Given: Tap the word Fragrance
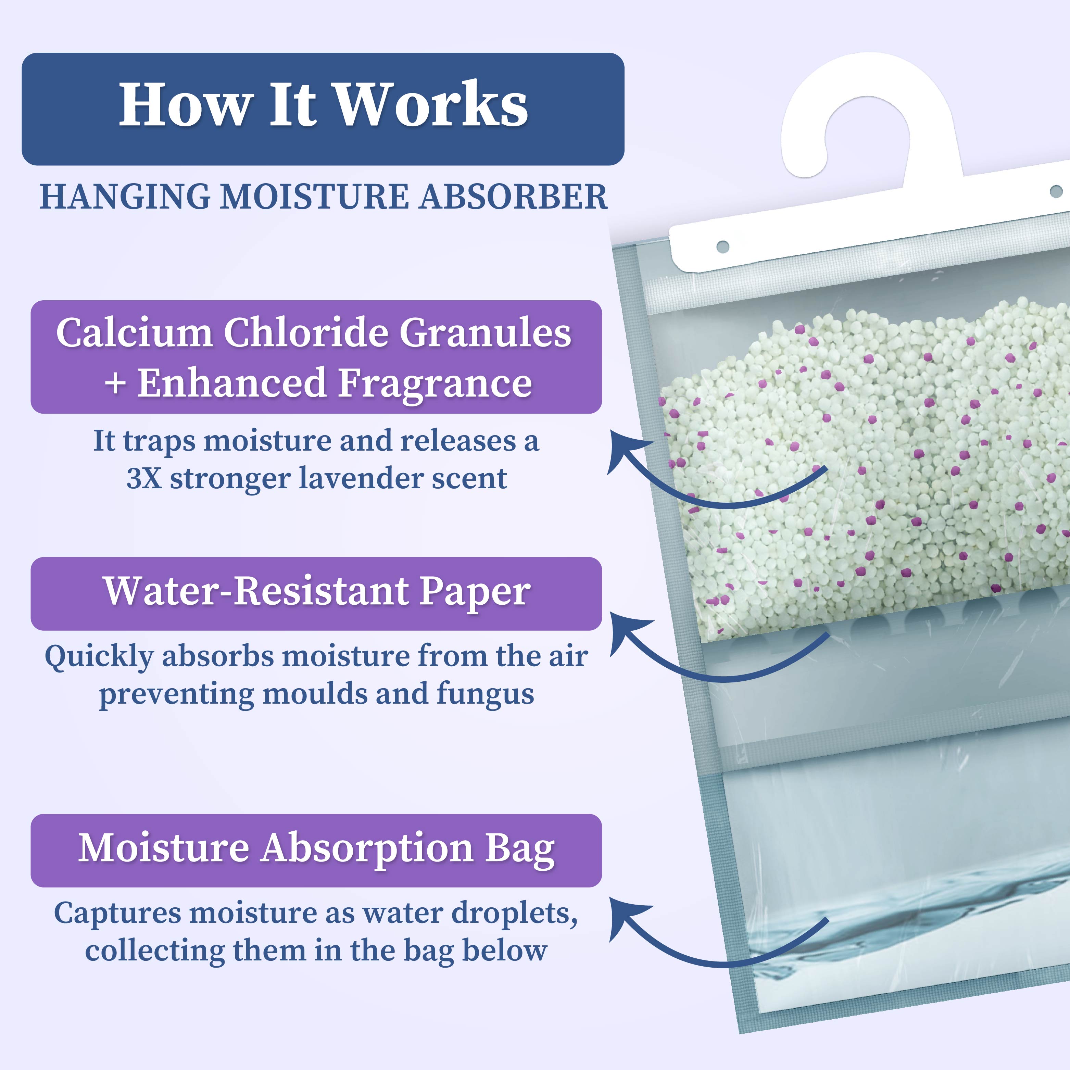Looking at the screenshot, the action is click(x=435, y=383).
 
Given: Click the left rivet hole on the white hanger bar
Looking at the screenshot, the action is click(x=723, y=247).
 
